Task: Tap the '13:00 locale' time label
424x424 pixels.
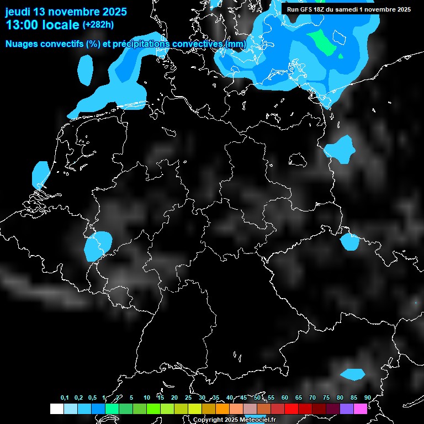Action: point(42,25)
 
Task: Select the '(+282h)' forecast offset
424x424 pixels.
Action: point(98,24)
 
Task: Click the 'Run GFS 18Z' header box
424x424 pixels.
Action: point(348,9)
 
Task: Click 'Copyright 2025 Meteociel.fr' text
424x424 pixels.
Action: point(234,420)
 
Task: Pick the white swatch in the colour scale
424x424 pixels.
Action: point(56,409)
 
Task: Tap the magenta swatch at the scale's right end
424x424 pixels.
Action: point(360,409)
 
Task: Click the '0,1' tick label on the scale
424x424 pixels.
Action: point(65,398)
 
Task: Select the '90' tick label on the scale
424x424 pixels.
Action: point(368,398)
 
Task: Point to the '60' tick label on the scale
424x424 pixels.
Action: point(285,398)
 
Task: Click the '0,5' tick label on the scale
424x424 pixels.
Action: point(92,398)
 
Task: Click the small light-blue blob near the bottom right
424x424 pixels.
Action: point(352,374)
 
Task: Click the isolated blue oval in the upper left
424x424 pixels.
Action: point(86,70)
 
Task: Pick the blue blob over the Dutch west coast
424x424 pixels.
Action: point(40,174)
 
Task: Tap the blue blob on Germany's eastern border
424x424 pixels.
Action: point(339,149)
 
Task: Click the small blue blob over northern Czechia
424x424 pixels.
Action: point(350,242)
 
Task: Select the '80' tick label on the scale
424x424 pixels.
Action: point(340,398)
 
